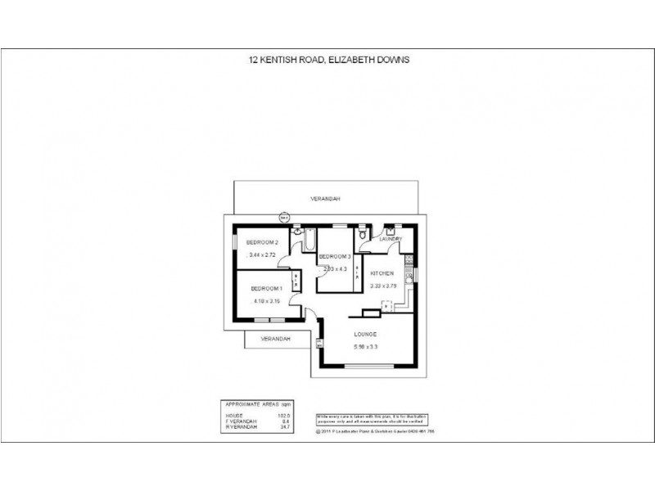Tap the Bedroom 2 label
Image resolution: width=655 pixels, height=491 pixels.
pyautogui.click(x=264, y=242)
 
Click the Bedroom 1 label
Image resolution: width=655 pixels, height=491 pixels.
pyautogui.click(x=266, y=288)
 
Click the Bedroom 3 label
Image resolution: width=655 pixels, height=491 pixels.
pyautogui.click(x=335, y=257)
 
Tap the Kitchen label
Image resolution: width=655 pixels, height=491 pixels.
pyautogui.click(x=382, y=273)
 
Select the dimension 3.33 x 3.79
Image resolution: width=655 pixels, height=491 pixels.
pyautogui.click(x=382, y=286)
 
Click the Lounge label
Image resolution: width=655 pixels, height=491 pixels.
pyautogui.click(x=365, y=335)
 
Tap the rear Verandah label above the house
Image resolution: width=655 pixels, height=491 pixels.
pyautogui.click(x=325, y=199)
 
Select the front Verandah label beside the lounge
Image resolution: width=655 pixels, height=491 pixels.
pyautogui.click(x=274, y=338)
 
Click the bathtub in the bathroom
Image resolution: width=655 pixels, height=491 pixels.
pyautogui.click(x=311, y=241)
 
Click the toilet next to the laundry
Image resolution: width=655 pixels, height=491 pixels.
pyautogui.click(x=363, y=236)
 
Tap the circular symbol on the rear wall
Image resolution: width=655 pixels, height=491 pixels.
pyautogui.click(x=284, y=218)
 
